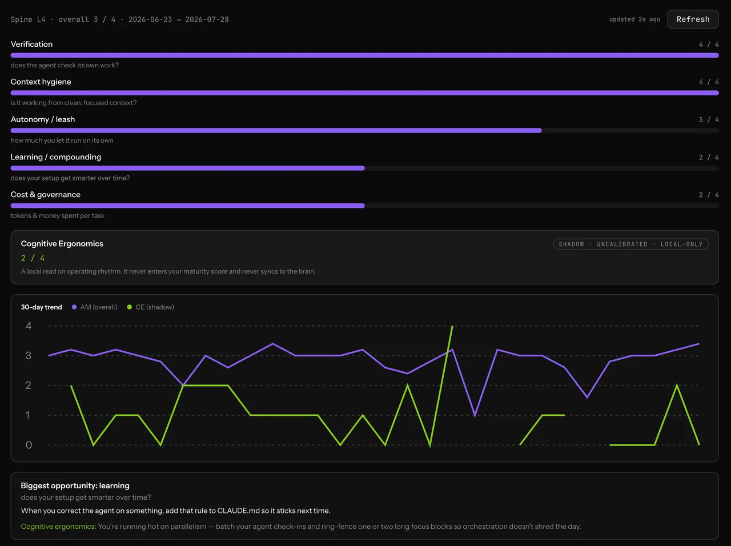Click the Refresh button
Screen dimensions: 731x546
point(693,19)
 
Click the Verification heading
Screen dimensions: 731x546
point(31,45)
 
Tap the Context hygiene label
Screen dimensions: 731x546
point(41,82)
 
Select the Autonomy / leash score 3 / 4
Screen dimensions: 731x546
point(708,119)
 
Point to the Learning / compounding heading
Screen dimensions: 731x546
point(55,157)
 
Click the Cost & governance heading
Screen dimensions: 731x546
point(45,195)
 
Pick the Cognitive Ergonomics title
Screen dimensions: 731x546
point(62,244)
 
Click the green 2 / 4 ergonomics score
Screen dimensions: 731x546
point(33,258)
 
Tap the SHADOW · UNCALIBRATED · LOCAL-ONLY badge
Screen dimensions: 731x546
point(630,244)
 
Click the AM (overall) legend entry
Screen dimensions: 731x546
point(95,307)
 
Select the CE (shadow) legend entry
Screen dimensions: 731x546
point(151,307)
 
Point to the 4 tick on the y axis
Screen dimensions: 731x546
point(29,326)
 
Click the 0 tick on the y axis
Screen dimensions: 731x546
point(29,445)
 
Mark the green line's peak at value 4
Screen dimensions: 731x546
point(452,326)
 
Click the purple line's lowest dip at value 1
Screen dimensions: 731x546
point(475,415)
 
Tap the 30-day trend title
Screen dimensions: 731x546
point(41,307)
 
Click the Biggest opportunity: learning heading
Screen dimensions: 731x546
point(75,485)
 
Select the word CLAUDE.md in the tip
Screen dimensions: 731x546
point(239,511)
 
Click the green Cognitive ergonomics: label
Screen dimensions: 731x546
point(58,527)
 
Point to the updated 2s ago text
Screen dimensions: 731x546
point(634,19)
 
